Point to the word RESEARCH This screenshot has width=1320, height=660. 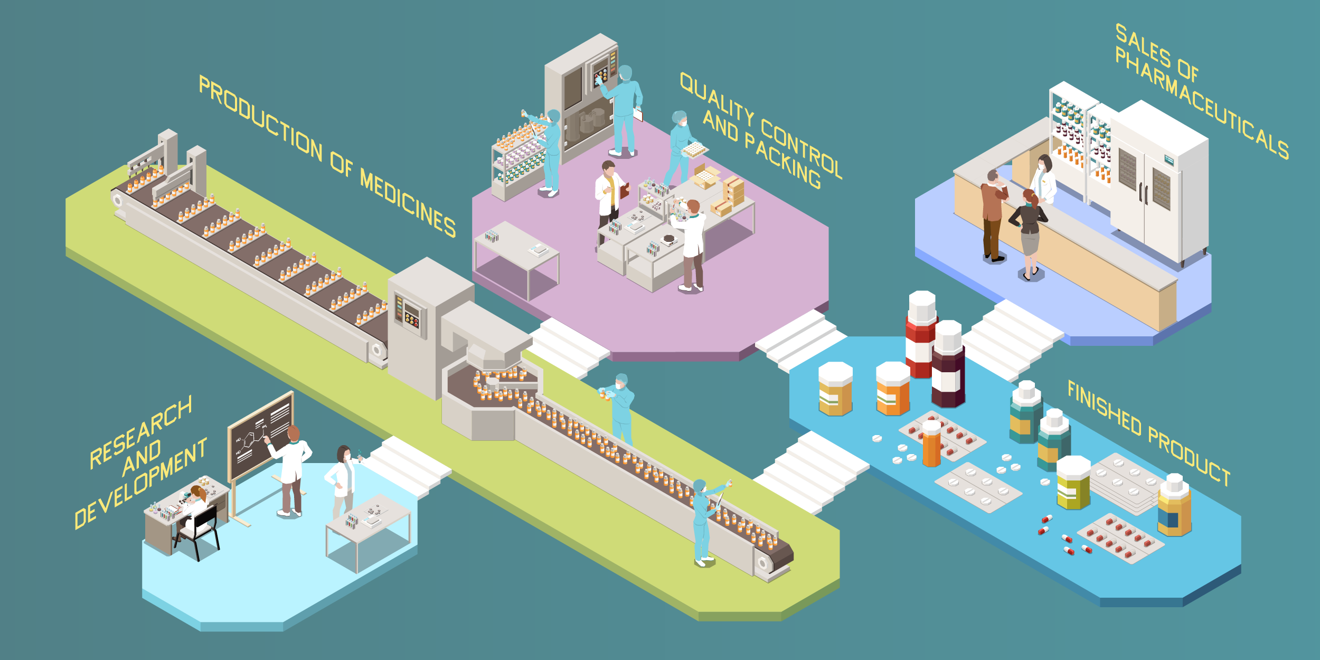pos(140,432)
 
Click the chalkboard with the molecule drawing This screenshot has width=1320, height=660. pos(261,436)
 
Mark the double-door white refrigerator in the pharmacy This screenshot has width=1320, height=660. pos(1158,185)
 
